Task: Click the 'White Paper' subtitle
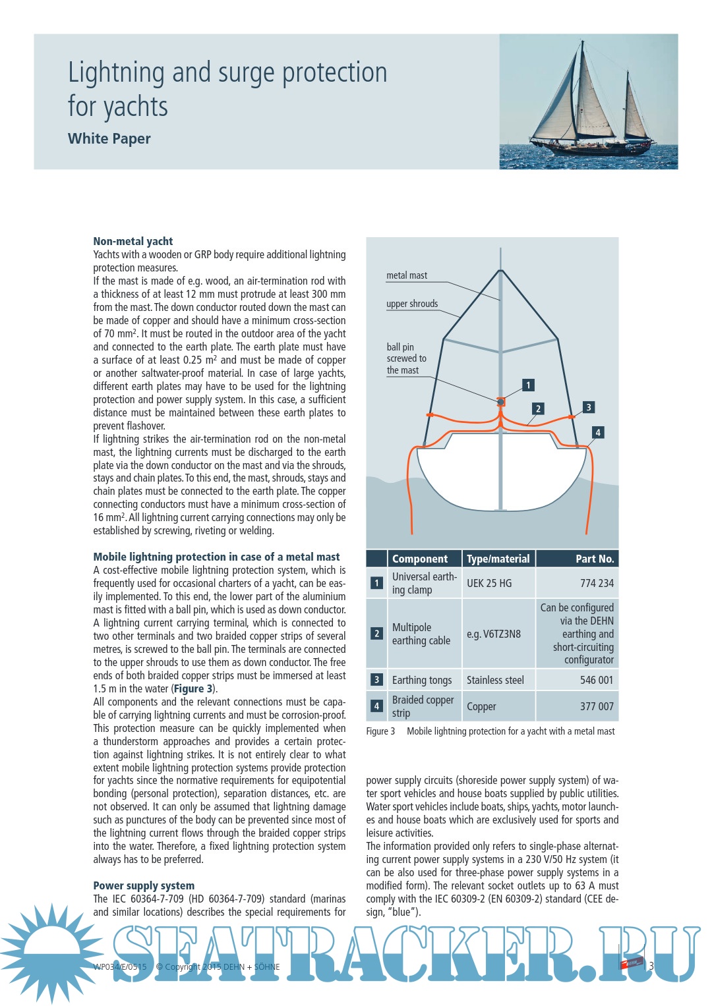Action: click(109, 138)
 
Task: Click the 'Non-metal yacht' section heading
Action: click(133, 241)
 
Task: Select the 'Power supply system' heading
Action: click(144, 885)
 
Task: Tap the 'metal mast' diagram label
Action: click(406, 275)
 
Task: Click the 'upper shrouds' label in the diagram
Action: click(412, 304)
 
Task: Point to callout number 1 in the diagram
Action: click(527, 385)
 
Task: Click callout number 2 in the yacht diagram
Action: click(538, 408)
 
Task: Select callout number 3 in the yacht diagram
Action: click(588, 407)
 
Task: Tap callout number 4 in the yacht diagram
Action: click(597, 432)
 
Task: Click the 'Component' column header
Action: click(420, 559)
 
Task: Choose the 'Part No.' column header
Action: click(594, 559)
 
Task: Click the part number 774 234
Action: click(597, 583)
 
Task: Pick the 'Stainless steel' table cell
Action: click(495, 680)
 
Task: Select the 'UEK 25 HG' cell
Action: click(489, 583)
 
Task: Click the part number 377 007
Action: click(597, 706)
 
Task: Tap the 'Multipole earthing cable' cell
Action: click(421, 634)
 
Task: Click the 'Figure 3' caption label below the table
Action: click(380, 731)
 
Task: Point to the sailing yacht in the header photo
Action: click(588, 105)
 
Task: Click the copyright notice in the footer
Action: click(218, 966)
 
